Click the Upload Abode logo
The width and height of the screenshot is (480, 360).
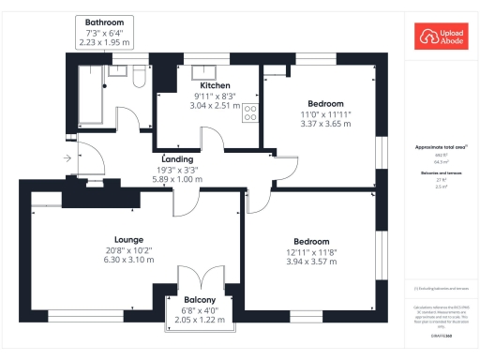click(x=441, y=37)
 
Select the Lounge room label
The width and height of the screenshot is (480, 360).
click(x=128, y=239)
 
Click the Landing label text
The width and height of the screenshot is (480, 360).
click(x=177, y=159)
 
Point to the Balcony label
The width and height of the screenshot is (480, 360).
click(x=198, y=300)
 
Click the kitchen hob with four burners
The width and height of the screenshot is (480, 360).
click(x=250, y=113)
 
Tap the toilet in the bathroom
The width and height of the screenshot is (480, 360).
click(x=139, y=76)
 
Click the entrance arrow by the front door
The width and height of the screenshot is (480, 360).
click(x=67, y=159)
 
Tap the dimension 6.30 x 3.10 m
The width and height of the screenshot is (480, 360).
click(x=128, y=260)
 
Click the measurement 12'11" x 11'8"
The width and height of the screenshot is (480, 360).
click(x=310, y=251)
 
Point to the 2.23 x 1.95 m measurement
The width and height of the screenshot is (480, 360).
click(x=104, y=42)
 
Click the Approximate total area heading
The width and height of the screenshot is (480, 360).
click(x=441, y=148)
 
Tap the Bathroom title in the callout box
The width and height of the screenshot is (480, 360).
click(x=104, y=22)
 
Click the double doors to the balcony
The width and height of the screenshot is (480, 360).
click(x=198, y=279)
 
